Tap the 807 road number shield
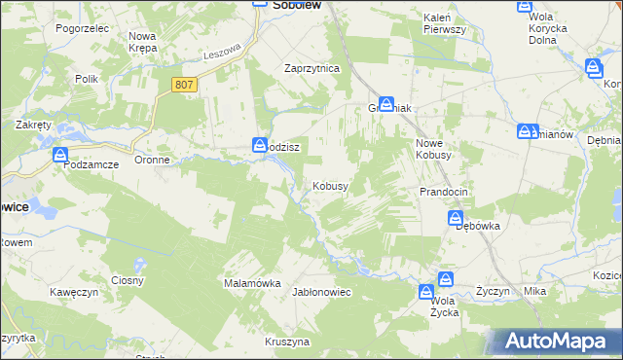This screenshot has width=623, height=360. pos(185,86)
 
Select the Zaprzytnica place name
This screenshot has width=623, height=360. pos(311,69)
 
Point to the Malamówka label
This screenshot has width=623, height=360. pos(252,283)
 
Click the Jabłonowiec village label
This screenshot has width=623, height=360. pos(321,292)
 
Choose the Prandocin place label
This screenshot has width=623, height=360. pos(443,192)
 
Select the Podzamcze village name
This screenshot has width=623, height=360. pos(91,165)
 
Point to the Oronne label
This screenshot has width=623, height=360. pos(153,160)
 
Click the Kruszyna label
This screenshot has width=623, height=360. pos(287,342)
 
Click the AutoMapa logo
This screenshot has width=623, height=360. pos(555,342)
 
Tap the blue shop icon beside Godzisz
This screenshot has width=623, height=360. pos(260,145)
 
